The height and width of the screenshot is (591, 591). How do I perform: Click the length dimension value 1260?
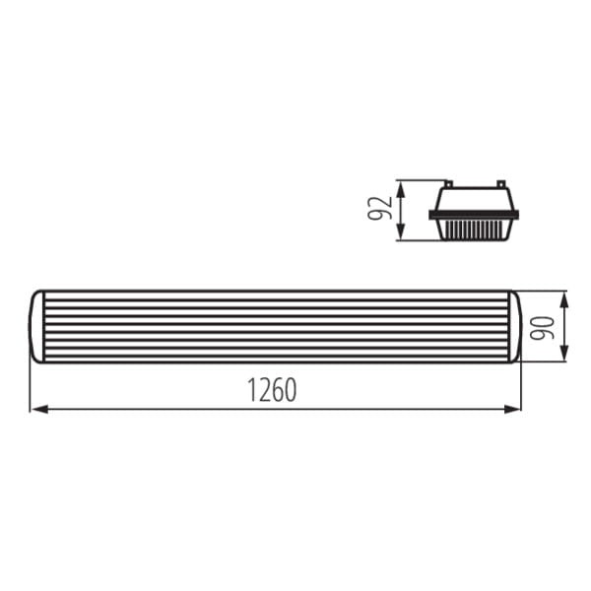click(x=272, y=391)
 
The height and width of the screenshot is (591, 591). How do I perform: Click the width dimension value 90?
click(x=541, y=326)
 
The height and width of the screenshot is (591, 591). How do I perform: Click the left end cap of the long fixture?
click(x=37, y=326)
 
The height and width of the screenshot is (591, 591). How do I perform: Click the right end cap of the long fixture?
click(x=513, y=326)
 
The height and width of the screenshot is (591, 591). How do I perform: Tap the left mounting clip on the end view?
click(x=448, y=184)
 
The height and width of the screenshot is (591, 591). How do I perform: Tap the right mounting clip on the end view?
click(x=500, y=184)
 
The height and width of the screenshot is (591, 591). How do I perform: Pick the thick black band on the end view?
click(x=474, y=214)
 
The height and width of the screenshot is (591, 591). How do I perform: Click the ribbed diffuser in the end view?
click(x=474, y=230)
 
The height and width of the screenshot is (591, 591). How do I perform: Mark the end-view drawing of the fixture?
click(x=474, y=211)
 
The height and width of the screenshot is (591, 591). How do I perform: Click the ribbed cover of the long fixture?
click(x=276, y=326)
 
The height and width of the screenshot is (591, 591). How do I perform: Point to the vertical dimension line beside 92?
click(x=400, y=210)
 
